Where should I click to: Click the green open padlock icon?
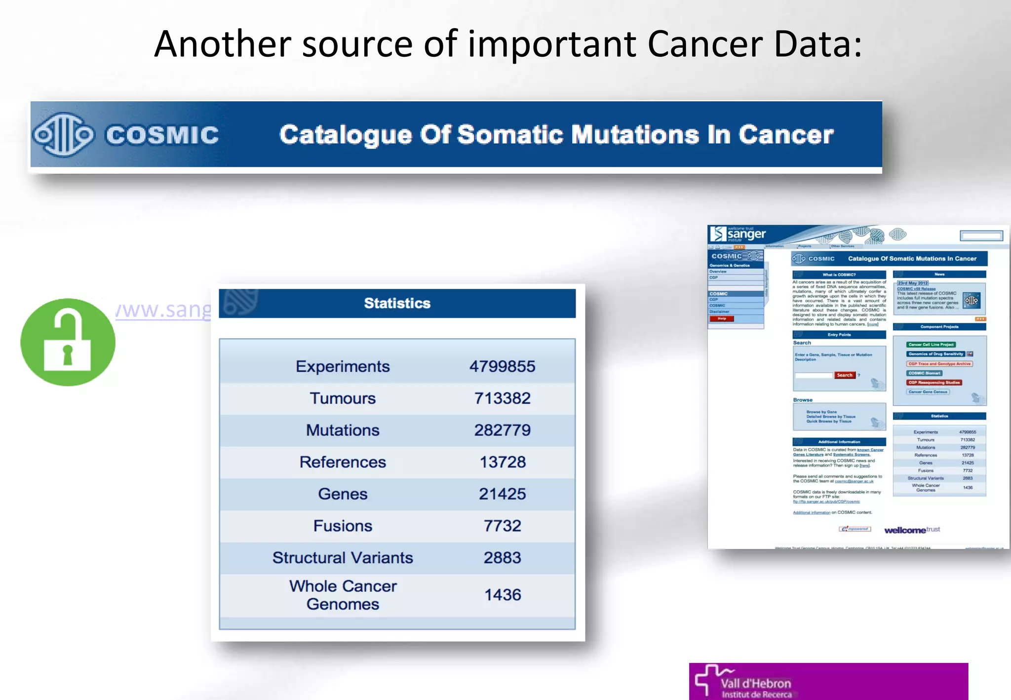[68, 342]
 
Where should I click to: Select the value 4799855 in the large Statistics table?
[502, 366]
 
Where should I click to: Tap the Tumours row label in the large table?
[343, 398]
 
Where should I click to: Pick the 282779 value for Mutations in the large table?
[502, 430]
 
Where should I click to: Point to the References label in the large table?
[343, 462]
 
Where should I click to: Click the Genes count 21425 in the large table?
[502, 494]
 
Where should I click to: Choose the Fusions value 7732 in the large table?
[502, 526]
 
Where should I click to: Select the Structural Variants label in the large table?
[343, 558]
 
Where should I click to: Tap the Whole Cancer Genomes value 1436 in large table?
[502, 595]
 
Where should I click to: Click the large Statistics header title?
[397, 303]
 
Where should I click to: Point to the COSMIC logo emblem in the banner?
[63, 134]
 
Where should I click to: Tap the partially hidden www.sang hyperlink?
[163, 310]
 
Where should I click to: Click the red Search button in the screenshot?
[845, 375]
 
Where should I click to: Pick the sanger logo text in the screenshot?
[746, 234]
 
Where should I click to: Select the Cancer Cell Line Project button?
[931, 345]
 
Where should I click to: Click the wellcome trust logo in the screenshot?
[912, 530]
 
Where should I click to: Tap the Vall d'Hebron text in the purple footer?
[755, 684]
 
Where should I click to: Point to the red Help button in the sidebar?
[722, 319]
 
